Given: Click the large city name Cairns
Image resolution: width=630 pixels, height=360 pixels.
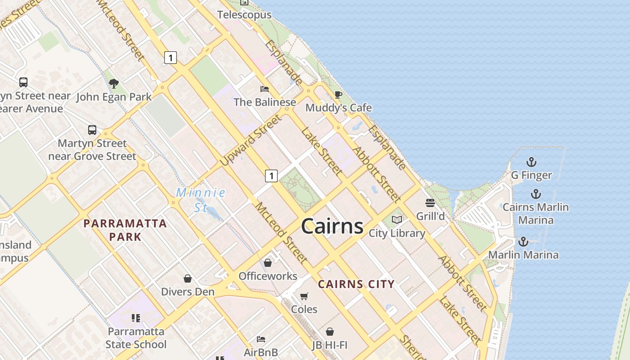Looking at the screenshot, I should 332,226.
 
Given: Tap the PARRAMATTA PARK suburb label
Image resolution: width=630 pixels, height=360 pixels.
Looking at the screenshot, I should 125,230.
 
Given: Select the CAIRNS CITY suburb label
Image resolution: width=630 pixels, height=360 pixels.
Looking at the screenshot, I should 356,284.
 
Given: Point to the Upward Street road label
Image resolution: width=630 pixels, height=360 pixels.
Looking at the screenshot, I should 252,140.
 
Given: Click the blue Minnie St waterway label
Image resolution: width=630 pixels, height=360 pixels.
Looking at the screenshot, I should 201,200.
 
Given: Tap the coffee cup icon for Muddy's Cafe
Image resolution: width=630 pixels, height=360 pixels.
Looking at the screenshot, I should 338,94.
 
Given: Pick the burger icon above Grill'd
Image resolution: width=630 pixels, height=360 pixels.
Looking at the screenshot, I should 430,203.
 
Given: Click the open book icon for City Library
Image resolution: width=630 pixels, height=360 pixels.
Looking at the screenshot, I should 396,220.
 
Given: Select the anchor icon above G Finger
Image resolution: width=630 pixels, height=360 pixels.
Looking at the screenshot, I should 531,162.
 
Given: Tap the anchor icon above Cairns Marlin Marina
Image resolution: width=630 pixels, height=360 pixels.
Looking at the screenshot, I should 535,194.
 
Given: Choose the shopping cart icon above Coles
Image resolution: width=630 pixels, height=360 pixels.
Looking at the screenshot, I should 304,296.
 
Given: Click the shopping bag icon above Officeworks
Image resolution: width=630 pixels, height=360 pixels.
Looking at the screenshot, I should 268,263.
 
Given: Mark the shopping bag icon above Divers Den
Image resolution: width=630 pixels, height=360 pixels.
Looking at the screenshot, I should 188,279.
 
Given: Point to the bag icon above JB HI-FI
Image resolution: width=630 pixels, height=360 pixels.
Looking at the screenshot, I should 330,332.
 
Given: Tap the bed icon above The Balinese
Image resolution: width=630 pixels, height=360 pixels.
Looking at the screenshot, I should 265,89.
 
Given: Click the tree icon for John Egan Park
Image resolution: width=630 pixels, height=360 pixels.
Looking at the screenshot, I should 114,83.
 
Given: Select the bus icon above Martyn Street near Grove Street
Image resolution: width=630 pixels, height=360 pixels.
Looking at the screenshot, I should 92,130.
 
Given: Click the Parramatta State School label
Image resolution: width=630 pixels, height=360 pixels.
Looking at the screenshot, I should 136,338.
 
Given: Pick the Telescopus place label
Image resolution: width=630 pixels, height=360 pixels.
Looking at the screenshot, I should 244,15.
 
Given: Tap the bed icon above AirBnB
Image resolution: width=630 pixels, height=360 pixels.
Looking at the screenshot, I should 261,339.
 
